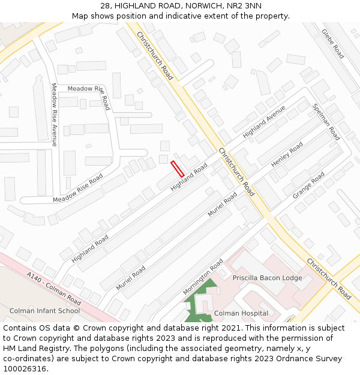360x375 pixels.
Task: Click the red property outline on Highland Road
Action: (x=177, y=168)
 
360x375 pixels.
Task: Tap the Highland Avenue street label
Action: (x=264, y=122)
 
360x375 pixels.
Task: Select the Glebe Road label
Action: (x=332, y=43)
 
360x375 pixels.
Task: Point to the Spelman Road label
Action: (x=326, y=122)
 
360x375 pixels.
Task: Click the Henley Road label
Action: (x=287, y=155)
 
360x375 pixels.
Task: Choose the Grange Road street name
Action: (x=309, y=185)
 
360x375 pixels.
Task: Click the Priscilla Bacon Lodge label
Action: (x=268, y=278)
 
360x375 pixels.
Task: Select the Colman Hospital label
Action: (x=241, y=313)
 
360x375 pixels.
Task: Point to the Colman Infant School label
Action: (x=44, y=311)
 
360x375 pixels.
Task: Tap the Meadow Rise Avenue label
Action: (x=54, y=115)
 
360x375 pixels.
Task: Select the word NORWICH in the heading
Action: (x=203, y=5)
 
